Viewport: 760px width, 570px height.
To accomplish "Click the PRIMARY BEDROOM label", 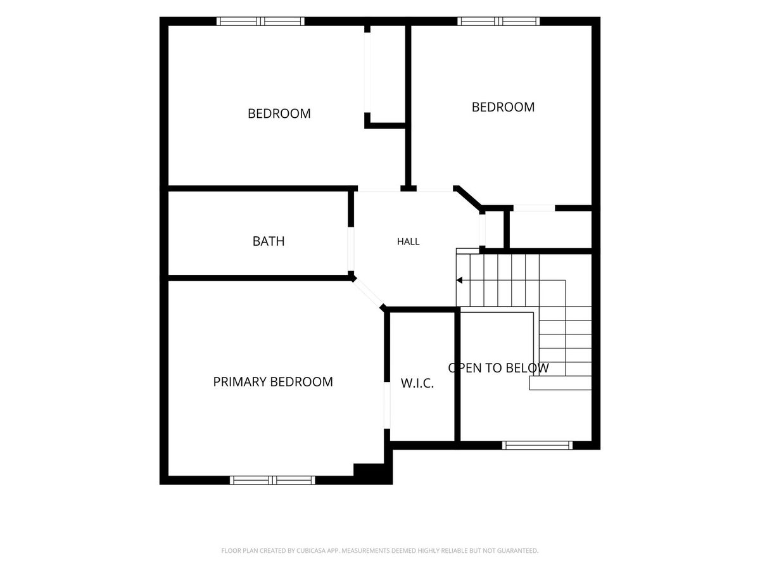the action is [273, 382].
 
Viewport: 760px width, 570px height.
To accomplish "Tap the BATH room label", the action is [269, 241].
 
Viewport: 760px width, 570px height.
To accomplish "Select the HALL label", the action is [408, 241].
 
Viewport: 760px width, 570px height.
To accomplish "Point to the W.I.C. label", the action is [417, 383].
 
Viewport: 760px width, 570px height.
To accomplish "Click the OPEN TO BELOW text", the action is [498, 368].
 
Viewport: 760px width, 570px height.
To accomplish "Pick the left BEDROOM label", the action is [279, 113].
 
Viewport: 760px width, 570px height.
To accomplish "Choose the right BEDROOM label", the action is [503, 107].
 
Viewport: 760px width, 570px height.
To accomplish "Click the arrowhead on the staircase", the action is [459, 281].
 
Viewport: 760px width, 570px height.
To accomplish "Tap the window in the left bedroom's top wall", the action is [261, 22].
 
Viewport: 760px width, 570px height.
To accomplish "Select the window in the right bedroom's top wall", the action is [498, 22].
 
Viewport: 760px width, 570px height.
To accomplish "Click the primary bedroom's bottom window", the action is [272, 480].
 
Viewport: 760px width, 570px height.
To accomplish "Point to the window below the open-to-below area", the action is [537, 445].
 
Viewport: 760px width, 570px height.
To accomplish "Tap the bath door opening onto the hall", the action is [351, 249].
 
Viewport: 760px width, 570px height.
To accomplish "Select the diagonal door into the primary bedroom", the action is [368, 292].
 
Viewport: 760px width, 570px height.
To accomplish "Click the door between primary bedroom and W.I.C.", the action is [387, 405].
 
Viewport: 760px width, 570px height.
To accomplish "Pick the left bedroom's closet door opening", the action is [367, 73].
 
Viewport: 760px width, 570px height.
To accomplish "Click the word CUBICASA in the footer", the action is [311, 550].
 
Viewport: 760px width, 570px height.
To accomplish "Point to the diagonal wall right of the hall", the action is [467, 198].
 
